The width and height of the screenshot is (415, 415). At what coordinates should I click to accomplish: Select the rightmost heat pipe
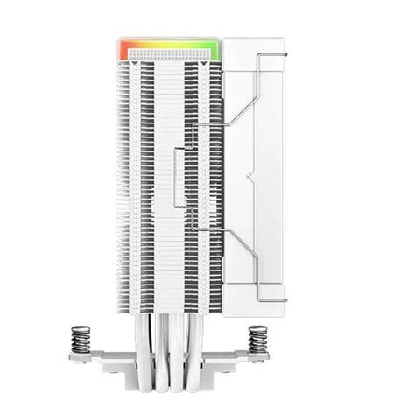tap(229, 346)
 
